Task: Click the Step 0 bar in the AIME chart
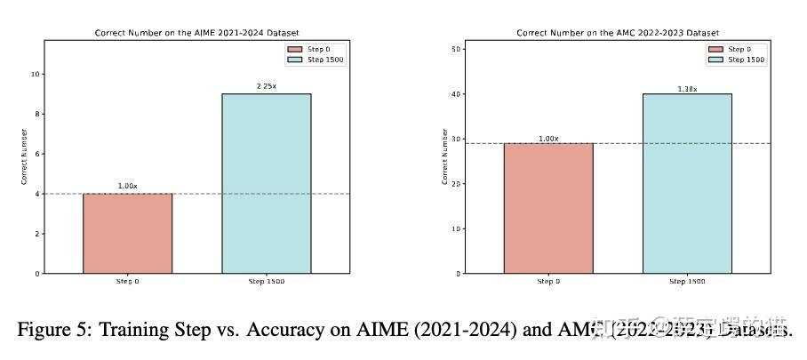pyautogui.click(x=127, y=233)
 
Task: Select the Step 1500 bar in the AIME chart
pyautogui.click(x=266, y=183)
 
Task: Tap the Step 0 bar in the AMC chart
pyautogui.click(x=548, y=208)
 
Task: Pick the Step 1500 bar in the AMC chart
pyautogui.click(x=687, y=183)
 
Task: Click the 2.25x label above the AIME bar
pyautogui.click(x=266, y=86)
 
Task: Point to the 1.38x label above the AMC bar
pyautogui.click(x=687, y=88)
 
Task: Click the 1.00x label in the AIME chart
pyautogui.click(x=127, y=186)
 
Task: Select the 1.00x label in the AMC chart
pyautogui.click(x=548, y=138)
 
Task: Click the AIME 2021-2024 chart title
pyautogui.click(x=196, y=33)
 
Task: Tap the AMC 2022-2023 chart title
pyautogui.click(x=618, y=33)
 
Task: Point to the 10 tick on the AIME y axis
pyautogui.click(x=36, y=74)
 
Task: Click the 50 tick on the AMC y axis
pyautogui.click(x=457, y=49)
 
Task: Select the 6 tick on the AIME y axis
pyautogui.click(x=37, y=154)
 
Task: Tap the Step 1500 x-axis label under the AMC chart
pyautogui.click(x=687, y=282)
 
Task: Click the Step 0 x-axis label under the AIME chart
pyautogui.click(x=127, y=282)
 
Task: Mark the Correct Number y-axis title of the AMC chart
pyautogui.click(x=444, y=156)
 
